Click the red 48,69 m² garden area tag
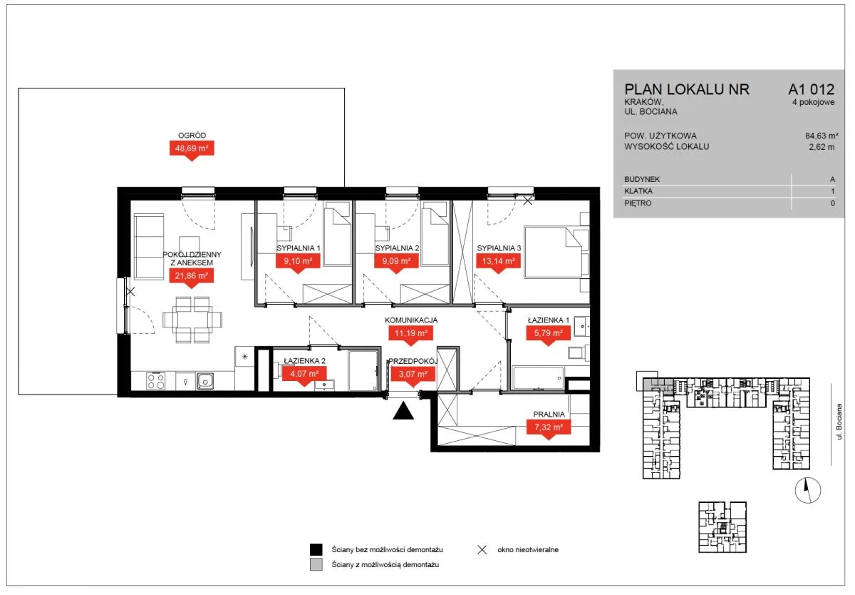point(192,148)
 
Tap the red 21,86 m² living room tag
point(191,276)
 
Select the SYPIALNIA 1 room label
point(299,248)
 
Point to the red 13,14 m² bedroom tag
point(498,261)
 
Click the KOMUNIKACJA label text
point(410,320)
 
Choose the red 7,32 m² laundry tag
point(549,427)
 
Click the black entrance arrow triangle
point(403,412)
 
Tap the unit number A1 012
point(811,89)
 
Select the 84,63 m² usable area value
point(822,136)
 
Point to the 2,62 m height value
point(822,147)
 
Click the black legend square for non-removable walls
point(316,549)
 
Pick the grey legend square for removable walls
point(316,564)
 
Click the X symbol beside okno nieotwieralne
point(482,549)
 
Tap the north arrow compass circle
point(808,490)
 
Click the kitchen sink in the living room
point(205,381)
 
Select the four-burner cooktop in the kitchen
point(156,381)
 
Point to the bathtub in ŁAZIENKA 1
point(538,378)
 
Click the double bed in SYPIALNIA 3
point(556,253)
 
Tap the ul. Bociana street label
point(839,422)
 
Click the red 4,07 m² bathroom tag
point(304,374)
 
